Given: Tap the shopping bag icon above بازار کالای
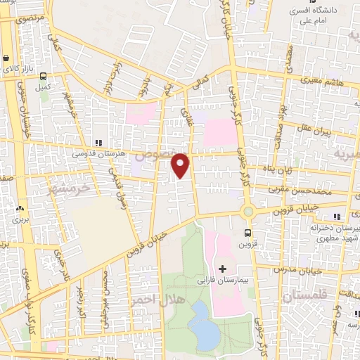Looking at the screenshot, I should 6,59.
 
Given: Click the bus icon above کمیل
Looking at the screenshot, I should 43,77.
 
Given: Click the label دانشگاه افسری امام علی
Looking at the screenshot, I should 314,15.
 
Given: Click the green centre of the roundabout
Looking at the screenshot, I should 247,211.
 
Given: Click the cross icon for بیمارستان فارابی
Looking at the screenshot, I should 223,269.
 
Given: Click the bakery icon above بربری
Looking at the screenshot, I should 19,208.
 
